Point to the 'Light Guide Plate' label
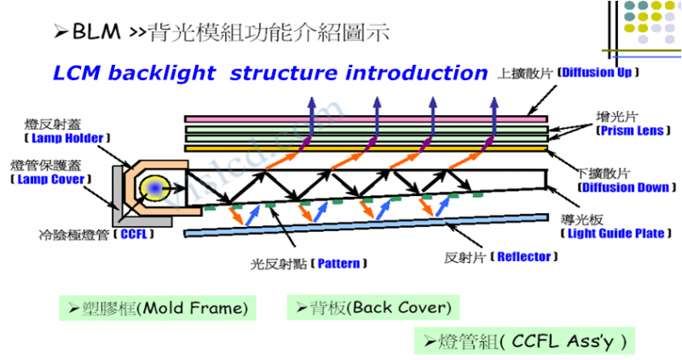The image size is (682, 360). (616, 233)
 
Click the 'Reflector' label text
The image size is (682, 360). (523, 256)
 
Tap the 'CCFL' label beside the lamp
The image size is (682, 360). (135, 233)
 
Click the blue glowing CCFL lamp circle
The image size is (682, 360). (155, 188)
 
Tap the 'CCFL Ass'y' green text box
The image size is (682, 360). (526, 342)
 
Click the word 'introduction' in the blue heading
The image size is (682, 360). (417, 73)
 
